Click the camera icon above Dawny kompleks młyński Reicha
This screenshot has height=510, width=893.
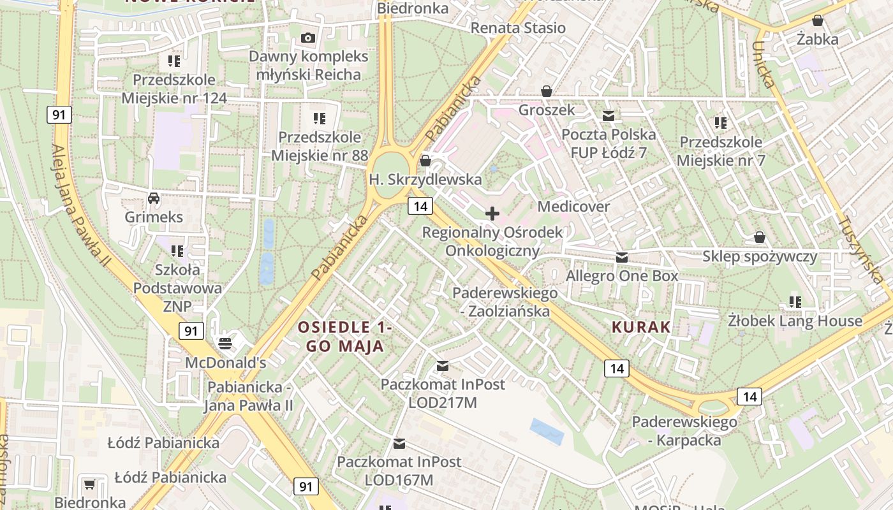[308, 38]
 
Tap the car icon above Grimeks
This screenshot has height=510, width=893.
[154, 198]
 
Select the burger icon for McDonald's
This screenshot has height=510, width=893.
[224, 344]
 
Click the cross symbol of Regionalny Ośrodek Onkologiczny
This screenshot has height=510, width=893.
[492, 214]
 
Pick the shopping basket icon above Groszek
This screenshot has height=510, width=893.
[546, 91]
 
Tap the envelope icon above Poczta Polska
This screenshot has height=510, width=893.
[609, 116]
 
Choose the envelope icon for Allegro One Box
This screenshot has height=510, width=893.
[622, 258]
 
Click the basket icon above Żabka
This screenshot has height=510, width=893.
[817, 21]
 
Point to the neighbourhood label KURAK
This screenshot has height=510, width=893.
[641, 328]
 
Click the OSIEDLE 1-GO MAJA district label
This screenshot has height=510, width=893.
[344, 337]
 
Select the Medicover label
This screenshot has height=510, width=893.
[573, 207]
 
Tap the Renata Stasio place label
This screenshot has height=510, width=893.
[518, 28]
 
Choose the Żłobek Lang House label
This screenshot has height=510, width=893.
[795, 321]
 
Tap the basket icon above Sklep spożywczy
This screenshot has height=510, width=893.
[759, 238]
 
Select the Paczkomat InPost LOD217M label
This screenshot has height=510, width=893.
[443, 393]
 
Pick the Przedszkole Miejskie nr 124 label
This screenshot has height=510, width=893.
[173, 89]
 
